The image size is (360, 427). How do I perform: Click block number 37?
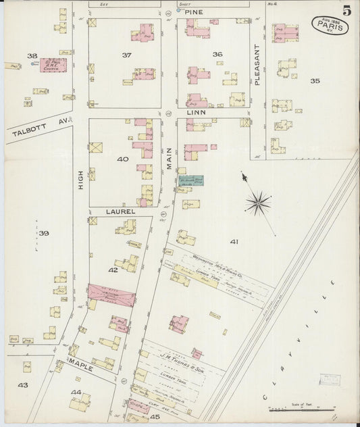(x=126, y=54)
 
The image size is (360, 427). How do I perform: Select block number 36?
(x=217, y=54)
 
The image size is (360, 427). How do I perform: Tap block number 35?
(x=315, y=81)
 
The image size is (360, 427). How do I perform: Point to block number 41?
(x=234, y=241)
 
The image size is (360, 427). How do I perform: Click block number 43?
(x=23, y=384)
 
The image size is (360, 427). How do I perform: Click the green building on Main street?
(x=190, y=182)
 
